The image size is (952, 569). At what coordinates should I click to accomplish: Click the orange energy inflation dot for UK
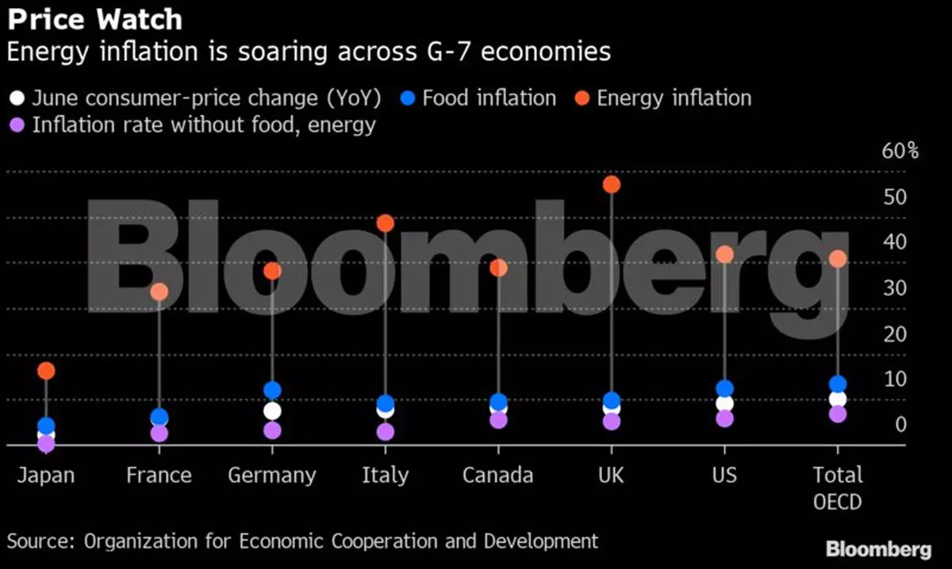[x=611, y=185]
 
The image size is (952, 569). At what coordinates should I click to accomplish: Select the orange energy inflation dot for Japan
[x=46, y=371]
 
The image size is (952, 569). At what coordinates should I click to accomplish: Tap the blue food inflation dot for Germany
[x=272, y=390]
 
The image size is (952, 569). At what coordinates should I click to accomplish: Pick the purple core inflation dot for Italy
[x=386, y=432]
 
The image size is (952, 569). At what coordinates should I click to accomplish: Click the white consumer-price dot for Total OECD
[x=838, y=399]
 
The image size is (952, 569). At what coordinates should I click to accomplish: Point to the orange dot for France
[x=159, y=292]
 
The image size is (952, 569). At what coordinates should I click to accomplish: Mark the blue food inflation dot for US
[x=724, y=389]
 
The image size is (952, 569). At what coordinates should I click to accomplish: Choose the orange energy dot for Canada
[x=498, y=268]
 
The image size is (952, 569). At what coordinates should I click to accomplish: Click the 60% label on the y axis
[x=900, y=151]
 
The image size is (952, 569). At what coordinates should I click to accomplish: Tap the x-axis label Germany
[x=272, y=475]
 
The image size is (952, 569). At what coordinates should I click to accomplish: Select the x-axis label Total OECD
[x=838, y=487]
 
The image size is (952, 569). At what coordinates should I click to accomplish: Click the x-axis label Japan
[x=46, y=475]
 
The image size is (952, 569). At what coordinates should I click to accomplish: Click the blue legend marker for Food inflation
[x=408, y=98]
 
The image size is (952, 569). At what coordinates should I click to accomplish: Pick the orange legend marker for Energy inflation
[x=582, y=98]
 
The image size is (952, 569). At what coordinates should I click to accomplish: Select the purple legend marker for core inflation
[x=17, y=125]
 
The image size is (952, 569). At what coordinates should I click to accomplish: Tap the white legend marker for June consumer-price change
[x=17, y=98]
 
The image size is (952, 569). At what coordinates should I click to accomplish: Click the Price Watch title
[x=94, y=19]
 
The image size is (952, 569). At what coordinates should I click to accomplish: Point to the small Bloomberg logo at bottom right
[x=878, y=549]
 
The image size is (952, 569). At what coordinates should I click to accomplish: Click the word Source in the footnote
[x=40, y=541]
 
